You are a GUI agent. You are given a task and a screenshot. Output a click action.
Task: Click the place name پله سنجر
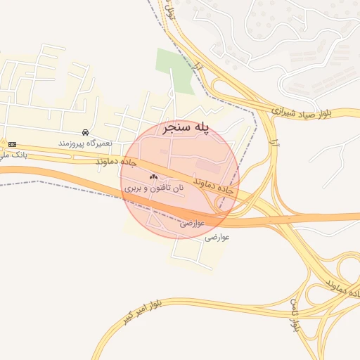click(x=186, y=129)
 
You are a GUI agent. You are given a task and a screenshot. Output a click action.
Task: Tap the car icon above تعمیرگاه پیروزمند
click(x=85, y=132)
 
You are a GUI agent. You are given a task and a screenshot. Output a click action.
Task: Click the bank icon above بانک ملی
click(x=12, y=144)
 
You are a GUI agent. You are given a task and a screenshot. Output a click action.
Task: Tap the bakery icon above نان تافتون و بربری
click(x=153, y=177)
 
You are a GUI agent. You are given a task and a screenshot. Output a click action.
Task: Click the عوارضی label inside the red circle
click(x=192, y=223)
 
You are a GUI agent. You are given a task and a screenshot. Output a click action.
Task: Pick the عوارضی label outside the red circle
click(x=217, y=238)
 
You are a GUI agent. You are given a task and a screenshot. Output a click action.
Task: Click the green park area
click(x=174, y=71)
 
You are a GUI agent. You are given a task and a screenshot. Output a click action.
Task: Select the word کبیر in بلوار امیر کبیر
click(x=127, y=313)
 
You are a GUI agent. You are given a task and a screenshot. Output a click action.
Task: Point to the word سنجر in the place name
click(x=176, y=129)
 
